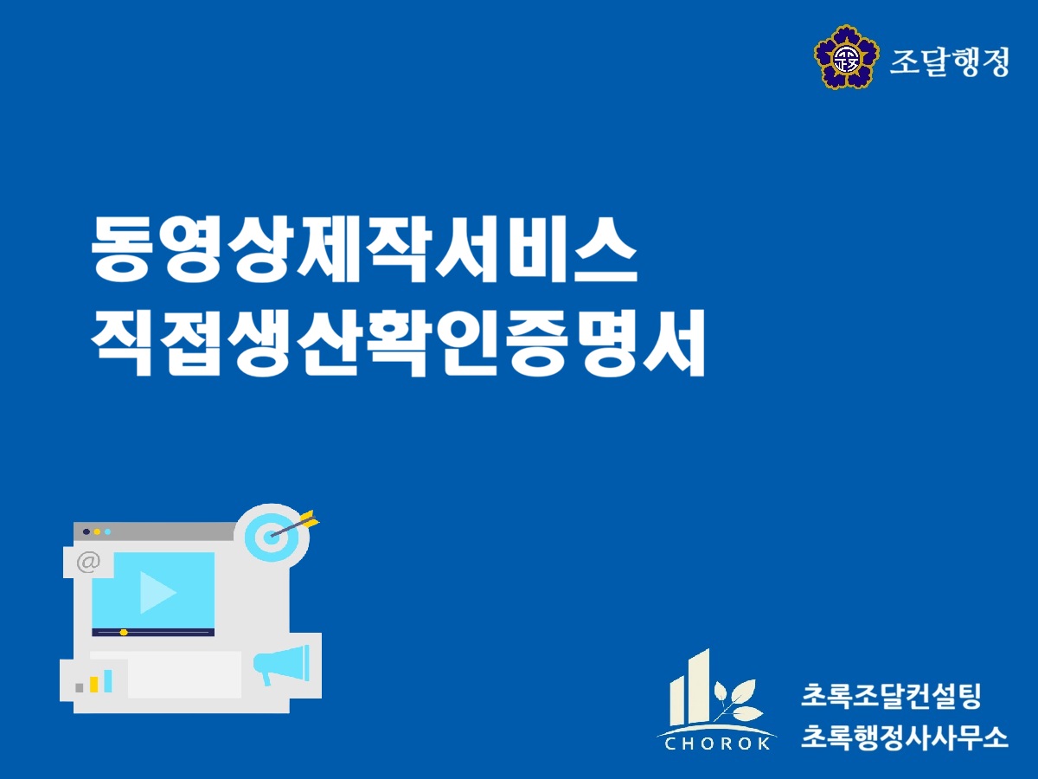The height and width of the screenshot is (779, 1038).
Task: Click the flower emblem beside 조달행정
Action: click(847, 57)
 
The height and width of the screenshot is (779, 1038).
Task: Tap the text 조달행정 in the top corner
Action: click(949, 61)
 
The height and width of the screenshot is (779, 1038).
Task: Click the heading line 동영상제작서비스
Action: click(363, 249)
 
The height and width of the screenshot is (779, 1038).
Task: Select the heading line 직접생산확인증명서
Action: click(398, 343)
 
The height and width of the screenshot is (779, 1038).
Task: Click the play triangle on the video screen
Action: click(158, 592)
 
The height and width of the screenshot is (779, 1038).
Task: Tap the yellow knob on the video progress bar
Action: click(124, 633)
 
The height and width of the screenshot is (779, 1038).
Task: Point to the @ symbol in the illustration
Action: click(88, 563)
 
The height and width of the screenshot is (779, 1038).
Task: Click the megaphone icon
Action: click(281, 664)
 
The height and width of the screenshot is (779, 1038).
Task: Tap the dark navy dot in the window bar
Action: click(86, 531)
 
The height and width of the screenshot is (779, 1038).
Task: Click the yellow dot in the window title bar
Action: click(97, 531)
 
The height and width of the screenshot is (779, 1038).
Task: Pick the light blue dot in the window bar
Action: click(108, 531)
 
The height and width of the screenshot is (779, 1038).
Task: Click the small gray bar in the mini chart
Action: click(80, 688)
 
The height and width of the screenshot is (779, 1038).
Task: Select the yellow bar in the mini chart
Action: click(93, 685)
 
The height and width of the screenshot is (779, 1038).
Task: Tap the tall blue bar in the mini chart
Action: click(108, 680)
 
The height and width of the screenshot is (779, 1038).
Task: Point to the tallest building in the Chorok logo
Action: click(700, 686)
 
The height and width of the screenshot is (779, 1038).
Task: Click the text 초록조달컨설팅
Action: click(890, 696)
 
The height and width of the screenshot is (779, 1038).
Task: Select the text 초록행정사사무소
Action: click(904, 737)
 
